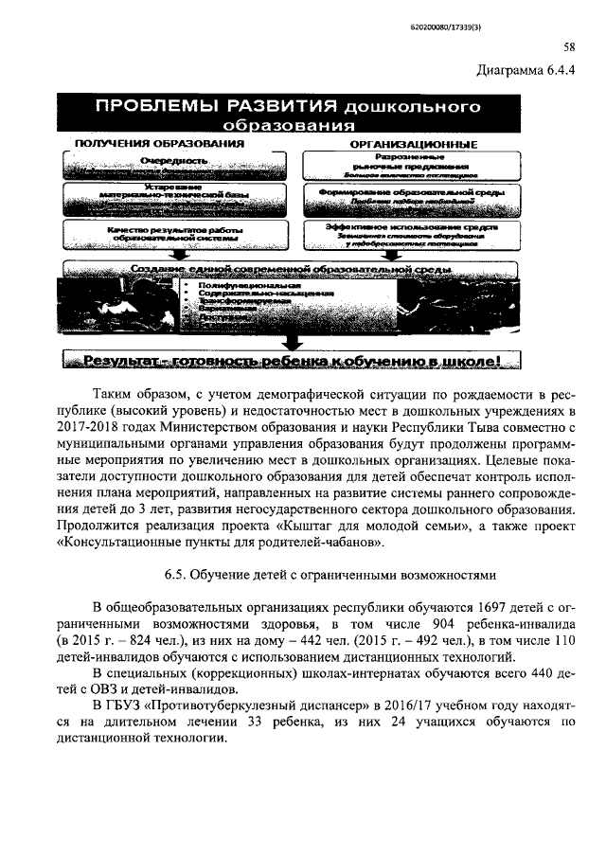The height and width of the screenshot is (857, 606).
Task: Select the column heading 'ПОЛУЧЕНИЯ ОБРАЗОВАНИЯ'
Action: pyautogui.click(x=152, y=143)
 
